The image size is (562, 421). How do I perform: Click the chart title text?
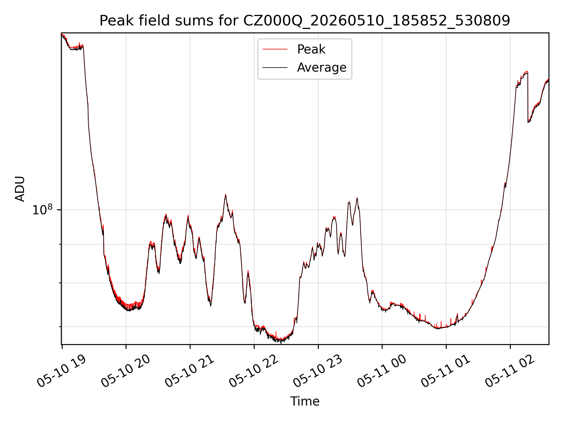point(305,21)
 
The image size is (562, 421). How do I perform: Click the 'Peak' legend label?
point(311,49)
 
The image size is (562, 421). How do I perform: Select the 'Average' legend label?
point(322,68)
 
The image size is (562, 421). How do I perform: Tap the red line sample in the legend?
point(275,49)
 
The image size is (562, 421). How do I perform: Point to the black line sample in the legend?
point(275,68)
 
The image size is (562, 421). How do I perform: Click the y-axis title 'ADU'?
point(20,189)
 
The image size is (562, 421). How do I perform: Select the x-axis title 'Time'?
point(305,401)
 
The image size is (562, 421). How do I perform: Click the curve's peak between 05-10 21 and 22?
point(225,195)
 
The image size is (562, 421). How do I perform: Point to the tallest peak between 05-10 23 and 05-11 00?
point(357,198)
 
